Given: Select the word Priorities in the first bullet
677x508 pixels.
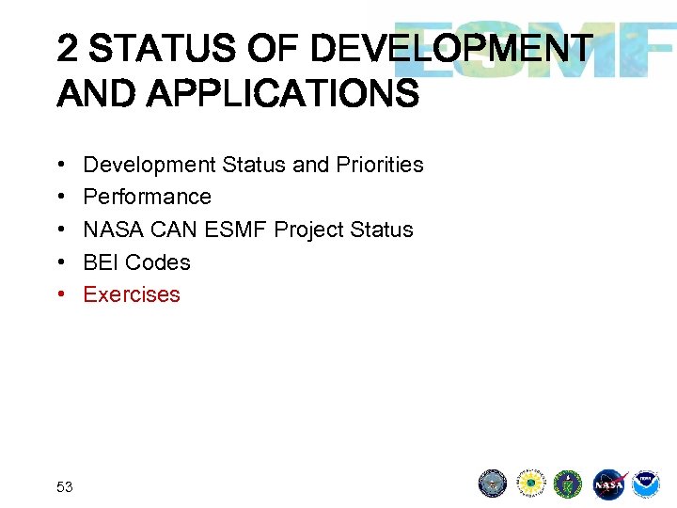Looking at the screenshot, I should (379, 165).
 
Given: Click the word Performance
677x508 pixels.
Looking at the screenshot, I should (148, 197).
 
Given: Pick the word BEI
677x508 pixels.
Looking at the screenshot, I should (101, 262).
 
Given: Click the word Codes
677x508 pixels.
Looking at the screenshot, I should (158, 262).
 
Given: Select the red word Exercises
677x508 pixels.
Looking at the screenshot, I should (132, 294).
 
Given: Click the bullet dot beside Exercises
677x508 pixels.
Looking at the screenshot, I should (60, 294).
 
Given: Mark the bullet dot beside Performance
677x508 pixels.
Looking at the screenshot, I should (60, 197).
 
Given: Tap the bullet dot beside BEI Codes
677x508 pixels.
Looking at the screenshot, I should (60, 262).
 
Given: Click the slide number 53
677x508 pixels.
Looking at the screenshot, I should (65, 486).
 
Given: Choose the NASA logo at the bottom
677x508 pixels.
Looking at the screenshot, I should (607, 484).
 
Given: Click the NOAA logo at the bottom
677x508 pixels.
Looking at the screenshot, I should (645, 484).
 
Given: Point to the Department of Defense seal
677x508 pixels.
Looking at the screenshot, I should (493, 484).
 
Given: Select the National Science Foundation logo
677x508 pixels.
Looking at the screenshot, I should (531, 484).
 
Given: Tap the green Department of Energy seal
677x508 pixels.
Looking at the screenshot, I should (568, 484).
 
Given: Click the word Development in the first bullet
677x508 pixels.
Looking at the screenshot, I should (150, 165).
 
